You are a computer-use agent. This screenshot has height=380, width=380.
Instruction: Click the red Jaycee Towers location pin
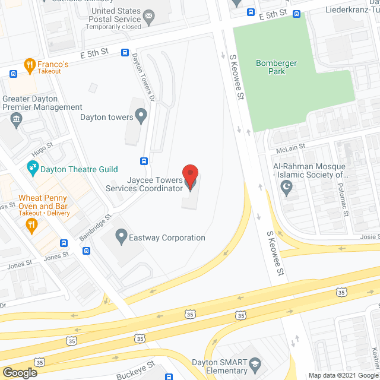(189, 176)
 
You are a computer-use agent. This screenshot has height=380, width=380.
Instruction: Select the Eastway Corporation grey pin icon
(121, 237)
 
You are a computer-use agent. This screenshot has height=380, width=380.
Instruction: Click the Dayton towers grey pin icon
(141, 116)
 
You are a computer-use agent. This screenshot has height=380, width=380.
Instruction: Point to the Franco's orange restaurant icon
(28, 64)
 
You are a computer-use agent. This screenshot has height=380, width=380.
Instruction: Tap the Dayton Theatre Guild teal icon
(32, 169)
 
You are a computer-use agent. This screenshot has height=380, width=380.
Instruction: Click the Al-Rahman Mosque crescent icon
(288, 189)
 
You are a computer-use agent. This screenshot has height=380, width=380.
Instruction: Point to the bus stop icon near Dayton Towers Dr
(144, 161)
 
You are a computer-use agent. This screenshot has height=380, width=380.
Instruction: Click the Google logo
(19, 373)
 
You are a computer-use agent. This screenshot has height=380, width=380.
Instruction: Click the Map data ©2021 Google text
(343, 375)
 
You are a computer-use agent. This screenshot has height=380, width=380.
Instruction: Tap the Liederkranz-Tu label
(353, 9)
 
